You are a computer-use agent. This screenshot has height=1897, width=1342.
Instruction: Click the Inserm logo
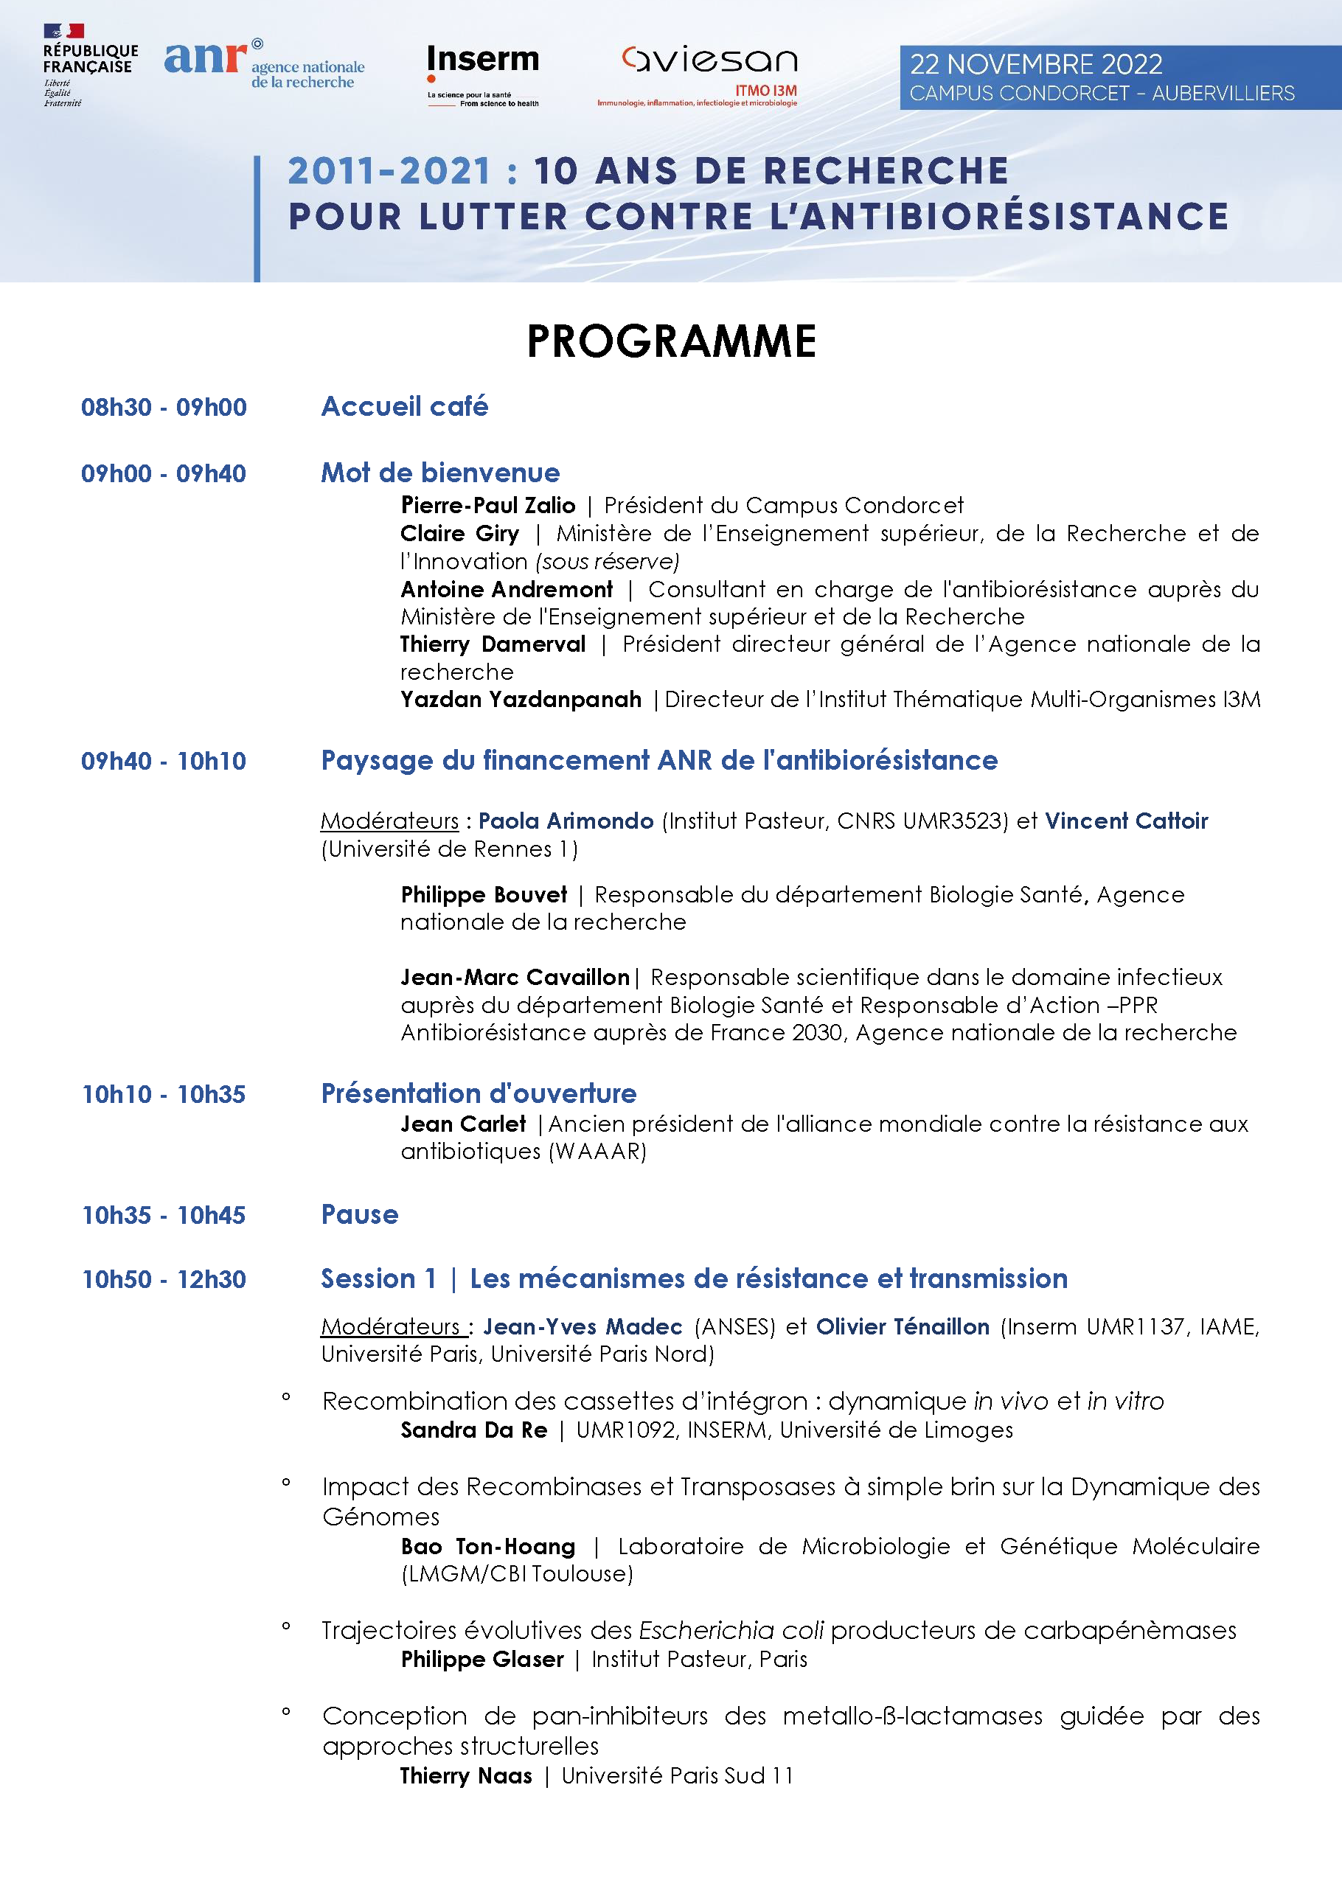[x=482, y=73]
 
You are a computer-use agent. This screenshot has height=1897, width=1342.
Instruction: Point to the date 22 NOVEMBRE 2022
[x=1035, y=64]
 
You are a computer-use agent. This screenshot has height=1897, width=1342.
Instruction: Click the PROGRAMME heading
[x=671, y=341]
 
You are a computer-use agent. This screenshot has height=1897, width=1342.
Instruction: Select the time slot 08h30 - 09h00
[x=164, y=407]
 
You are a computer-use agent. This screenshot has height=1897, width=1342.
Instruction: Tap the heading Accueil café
[x=404, y=406]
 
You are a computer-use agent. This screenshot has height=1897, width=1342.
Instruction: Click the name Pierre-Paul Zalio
[x=487, y=505]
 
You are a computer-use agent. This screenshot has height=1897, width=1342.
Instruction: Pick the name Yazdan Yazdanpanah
[x=521, y=699]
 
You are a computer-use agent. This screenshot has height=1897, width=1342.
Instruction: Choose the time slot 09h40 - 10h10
[x=164, y=761]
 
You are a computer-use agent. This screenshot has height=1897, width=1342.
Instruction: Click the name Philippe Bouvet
[x=484, y=895]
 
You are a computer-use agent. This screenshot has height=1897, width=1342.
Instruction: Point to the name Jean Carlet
[x=463, y=1124]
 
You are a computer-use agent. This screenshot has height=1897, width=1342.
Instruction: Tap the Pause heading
[x=360, y=1214]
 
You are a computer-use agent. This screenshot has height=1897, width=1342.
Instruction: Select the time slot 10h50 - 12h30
[x=164, y=1279]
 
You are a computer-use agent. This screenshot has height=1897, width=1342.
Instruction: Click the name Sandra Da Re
[x=473, y=1430]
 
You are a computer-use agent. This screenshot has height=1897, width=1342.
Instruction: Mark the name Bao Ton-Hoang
[x=487, y=1546]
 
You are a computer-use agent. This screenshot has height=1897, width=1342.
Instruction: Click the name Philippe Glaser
[x=481, y=1659]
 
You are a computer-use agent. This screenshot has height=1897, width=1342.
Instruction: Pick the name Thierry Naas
[x=466, y=1775]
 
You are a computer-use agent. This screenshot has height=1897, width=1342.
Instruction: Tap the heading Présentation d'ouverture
[x=479, y=1093]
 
